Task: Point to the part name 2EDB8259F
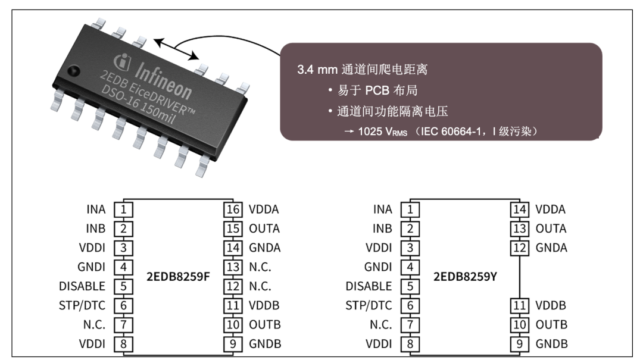click(178, 276)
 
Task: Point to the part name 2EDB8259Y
click(465, 276)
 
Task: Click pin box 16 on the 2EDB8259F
click(232, 209)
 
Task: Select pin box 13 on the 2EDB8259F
click(232, 267)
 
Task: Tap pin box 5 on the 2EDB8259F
click(123, 286)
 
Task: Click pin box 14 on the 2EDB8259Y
click(519, 209)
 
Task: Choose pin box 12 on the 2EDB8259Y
click(519, 248)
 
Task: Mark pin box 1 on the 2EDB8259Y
click(410, 209)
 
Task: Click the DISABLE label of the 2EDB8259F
click(82, 286)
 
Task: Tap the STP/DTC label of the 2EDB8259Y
click(369, 305)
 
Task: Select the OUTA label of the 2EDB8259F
click(265, 228)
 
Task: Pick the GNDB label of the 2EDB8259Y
click(552, 344)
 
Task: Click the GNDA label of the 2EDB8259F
click(265, 248)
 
